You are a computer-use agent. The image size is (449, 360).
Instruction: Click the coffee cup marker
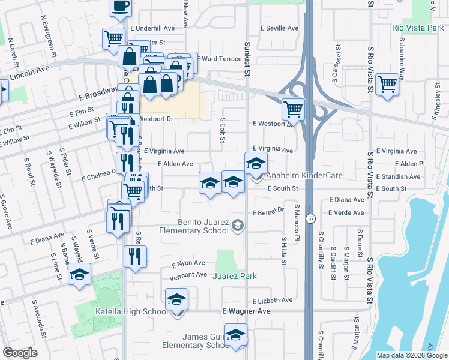click(120, 7)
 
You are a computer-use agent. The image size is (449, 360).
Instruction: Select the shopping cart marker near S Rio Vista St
click(388, 85)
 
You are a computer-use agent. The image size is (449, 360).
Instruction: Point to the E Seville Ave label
click(279, 28)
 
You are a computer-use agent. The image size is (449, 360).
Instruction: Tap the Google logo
click(20, 352)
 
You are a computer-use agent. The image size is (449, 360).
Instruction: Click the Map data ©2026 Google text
click(411, 355)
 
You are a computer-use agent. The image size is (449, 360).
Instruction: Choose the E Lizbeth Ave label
click(273, 300)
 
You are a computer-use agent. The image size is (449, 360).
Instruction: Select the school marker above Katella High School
click(177, 299)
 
